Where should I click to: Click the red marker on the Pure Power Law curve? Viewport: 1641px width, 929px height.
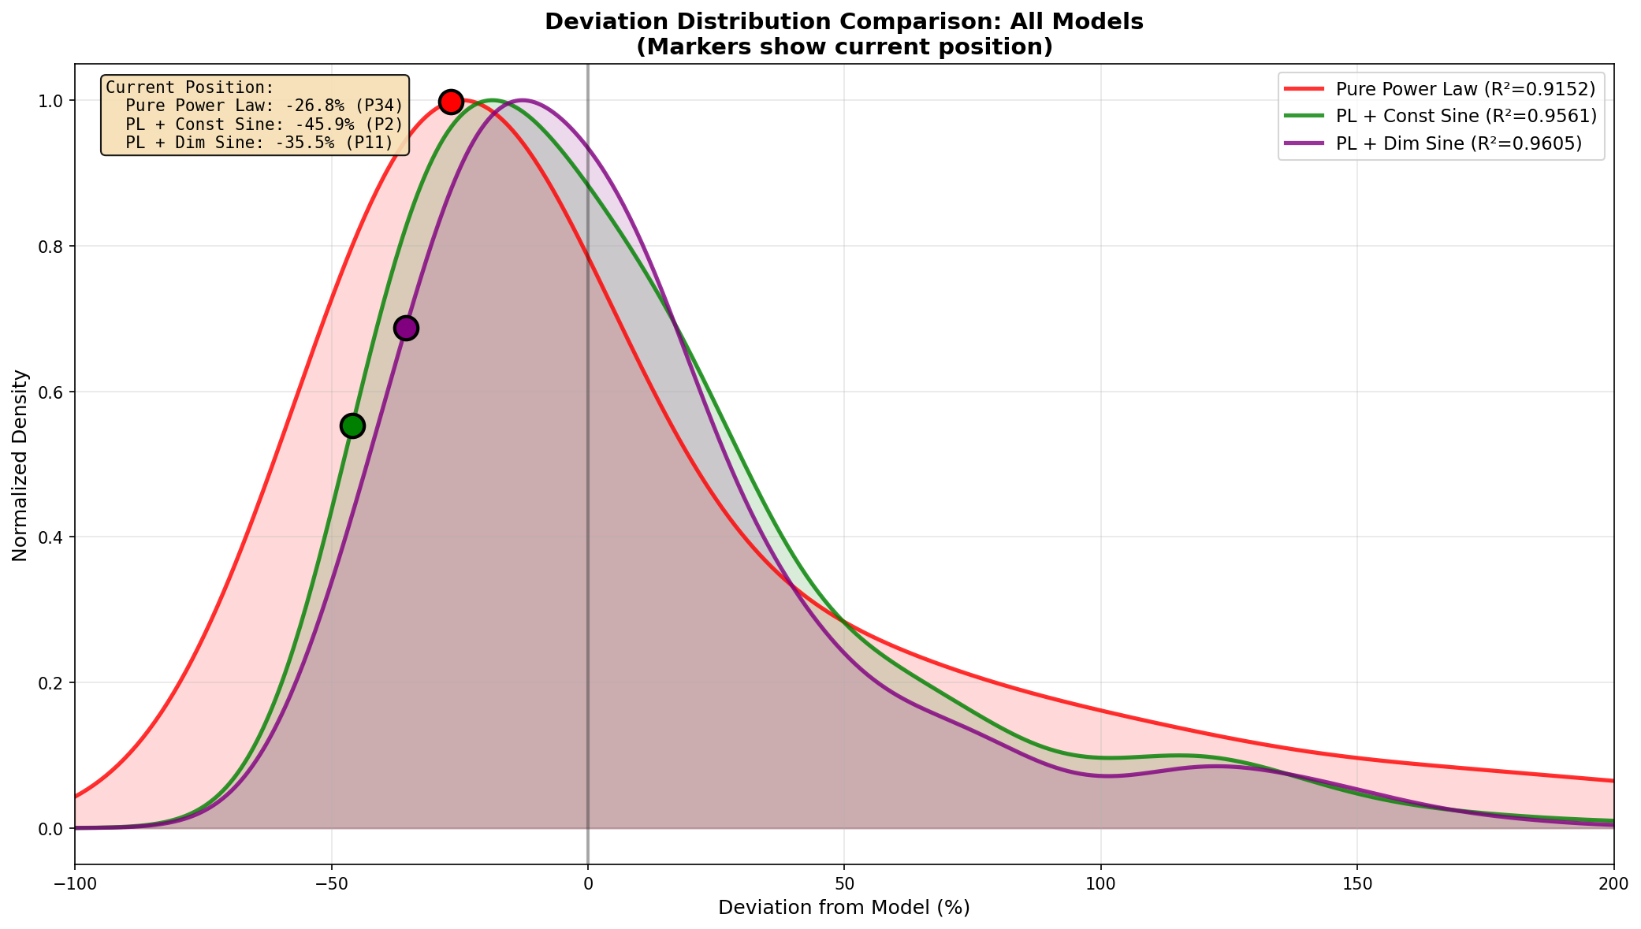click(x=451, y=102)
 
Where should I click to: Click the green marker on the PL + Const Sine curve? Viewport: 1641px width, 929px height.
click(x=352, y=425)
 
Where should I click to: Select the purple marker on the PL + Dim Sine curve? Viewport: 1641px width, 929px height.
click(x=406, y=328)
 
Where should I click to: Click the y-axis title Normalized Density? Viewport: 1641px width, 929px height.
click(x=20, y=465)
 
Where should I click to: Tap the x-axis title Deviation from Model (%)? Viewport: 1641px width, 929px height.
click(x=844, y=908)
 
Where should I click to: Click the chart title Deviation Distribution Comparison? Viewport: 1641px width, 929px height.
click(x=844, y=22)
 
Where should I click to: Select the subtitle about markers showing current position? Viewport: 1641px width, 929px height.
click(x=844, y=47)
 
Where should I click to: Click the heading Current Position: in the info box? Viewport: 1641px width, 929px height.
click(x=189, y=87)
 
